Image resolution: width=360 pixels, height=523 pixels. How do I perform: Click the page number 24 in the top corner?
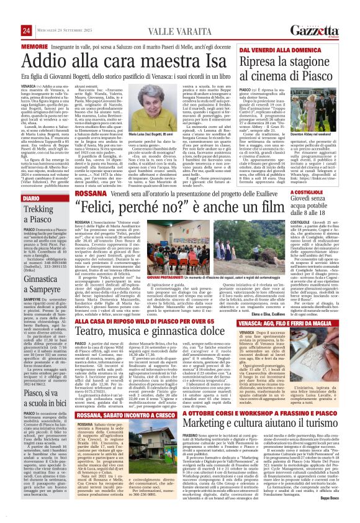pyautogui.click(x=9, y=13)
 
